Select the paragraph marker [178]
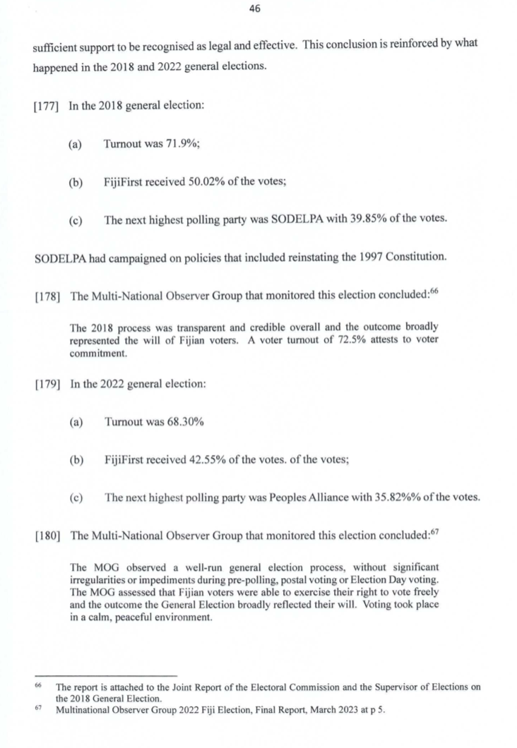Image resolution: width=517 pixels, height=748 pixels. [47, 296]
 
